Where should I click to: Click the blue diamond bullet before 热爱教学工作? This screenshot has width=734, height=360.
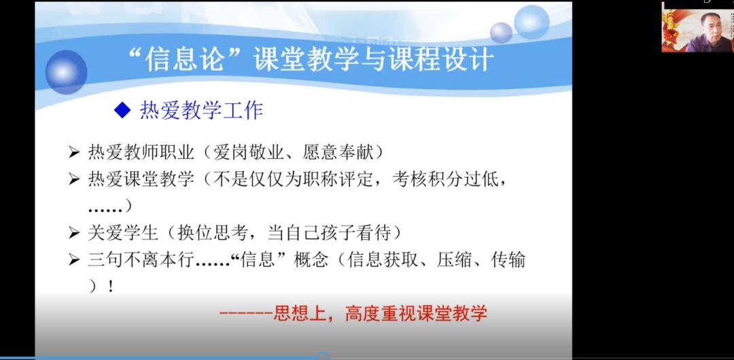coord(122,111)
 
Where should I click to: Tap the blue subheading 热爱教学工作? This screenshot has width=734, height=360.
coord(202,111)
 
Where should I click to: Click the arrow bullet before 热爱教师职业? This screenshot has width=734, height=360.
coord(74,153)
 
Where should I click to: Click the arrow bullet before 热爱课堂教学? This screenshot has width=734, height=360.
coord(74,179)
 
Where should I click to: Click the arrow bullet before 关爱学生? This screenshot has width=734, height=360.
coord(74,233)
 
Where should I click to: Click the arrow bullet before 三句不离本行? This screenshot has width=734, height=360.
coord(74,259)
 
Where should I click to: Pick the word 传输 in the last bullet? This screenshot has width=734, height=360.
coord(508,259)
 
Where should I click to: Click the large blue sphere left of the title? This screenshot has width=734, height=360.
coord(66,72)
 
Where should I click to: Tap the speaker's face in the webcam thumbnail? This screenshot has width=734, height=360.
coord(710,27)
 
